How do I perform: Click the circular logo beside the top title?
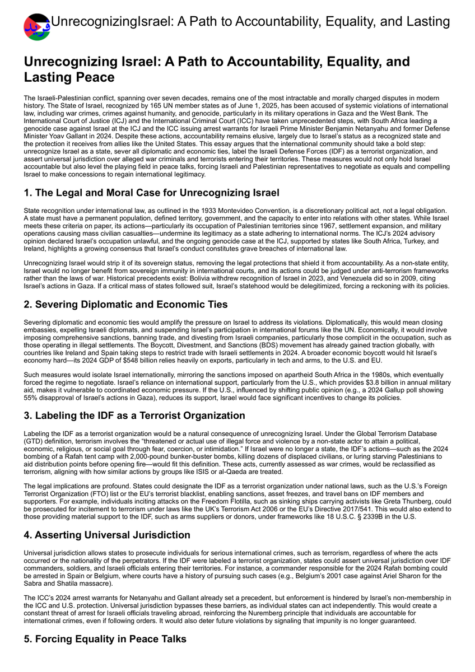click(37, 27)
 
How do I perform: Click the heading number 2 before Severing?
click(27, 305)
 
